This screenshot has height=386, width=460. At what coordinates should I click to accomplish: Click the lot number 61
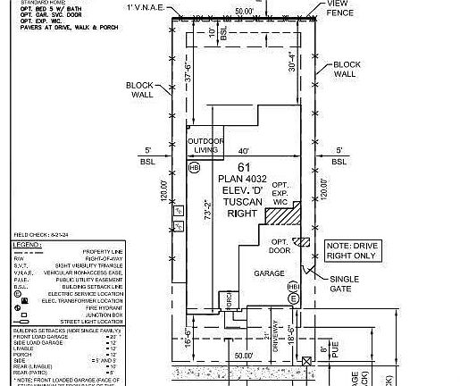pyautogui.click(x=243, y=167)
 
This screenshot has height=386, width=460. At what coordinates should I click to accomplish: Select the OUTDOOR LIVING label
pyautogui.click(x=203, y=146)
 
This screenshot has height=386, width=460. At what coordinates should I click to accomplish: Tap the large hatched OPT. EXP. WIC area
pyautogui.click(x=283, y=214)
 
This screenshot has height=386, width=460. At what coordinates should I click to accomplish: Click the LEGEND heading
pyautogui.click(x=28, y=243)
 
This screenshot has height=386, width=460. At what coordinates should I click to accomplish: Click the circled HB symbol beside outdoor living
pyautogui.click(x=195, y=168)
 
